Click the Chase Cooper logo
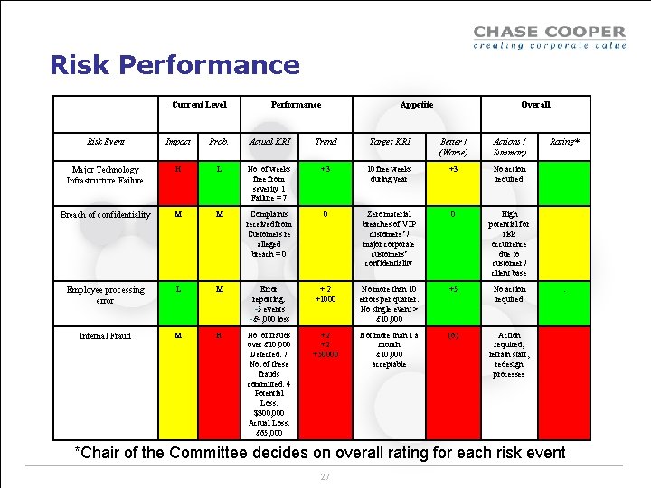click(x=549, y=37)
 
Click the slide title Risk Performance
click(x=175, y=65)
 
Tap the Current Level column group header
click(x=199, y=105)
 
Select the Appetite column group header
click(x=416, y=105)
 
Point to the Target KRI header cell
click(x=389, y=142)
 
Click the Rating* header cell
click(x=564, y=142)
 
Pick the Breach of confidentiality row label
click(x=105, y=215)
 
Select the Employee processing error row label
click(x=105, y=295)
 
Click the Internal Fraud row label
click(x=105, y=336)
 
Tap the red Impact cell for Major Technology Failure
click(x=184, y=183)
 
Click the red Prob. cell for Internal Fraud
click(x=218, y=383)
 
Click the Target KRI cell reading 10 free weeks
click(x=389, y=183)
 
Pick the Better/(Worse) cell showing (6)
click(x=453, y=383)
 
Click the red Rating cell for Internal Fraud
click(x=564, y=383)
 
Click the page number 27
click(x=325, y=475)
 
